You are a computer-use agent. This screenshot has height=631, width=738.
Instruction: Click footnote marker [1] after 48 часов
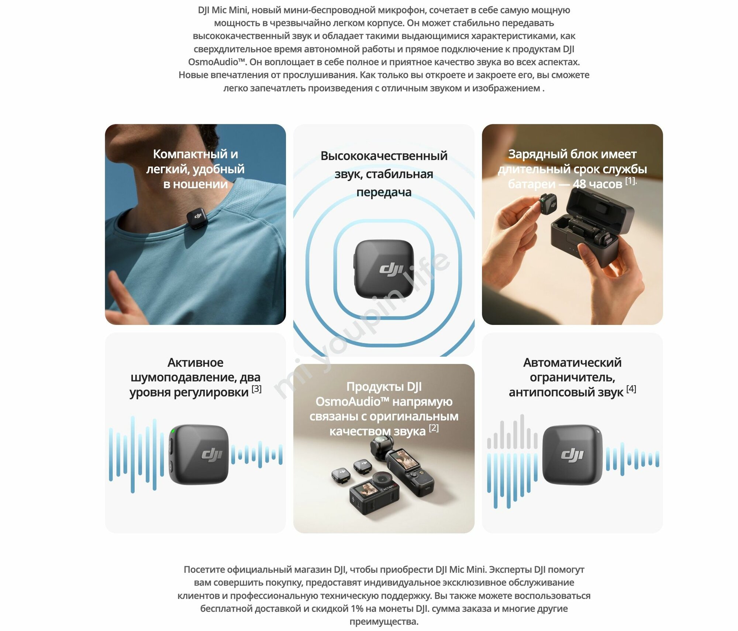[x=630, y=181]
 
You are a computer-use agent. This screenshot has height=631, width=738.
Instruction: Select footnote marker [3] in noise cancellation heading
[x=256, y=389]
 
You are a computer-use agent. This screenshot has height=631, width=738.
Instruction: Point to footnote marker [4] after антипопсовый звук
[x=631, y=389]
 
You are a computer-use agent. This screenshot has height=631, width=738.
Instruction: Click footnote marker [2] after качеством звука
[x=434, y=428]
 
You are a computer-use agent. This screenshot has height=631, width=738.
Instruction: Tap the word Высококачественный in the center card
[x=384, y=156]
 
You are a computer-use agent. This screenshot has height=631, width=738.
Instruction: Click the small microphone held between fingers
[x=548, y=205]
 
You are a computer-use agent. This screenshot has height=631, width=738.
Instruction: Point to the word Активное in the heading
[x=195, y=363]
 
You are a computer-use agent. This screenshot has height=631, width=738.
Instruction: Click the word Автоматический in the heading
[x=572, y=363]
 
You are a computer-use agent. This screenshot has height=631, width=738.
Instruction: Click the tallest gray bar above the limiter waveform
[x=522, y=431]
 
